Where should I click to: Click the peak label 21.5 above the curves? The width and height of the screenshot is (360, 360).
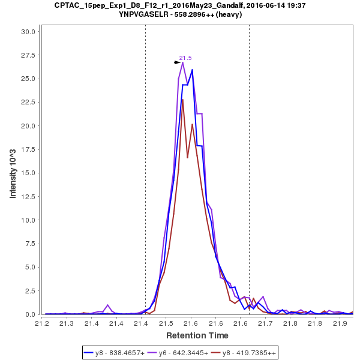tap(185, 58)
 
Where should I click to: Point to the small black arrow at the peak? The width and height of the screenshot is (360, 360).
tap(177, 62)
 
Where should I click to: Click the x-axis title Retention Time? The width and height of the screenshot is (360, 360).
tap(197, 335)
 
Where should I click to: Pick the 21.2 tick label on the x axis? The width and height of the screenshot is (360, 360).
tap(41, 323)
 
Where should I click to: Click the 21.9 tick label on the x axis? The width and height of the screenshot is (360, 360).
tap(340, 323)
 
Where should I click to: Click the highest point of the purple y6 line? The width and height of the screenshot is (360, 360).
tap(183, 62)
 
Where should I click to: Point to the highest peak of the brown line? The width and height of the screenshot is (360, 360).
tap(182, 100)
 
